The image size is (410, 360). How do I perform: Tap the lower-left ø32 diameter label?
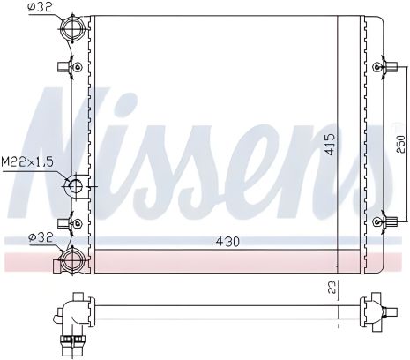pyautogui.click(x=39, y=236)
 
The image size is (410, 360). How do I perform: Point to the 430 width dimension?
pyautogui.click(x=227, y=240)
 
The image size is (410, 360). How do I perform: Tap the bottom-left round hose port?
pyautogui.click(x=71, y=260)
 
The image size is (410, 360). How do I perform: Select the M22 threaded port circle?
pyautogui.click(x=74, y=186)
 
